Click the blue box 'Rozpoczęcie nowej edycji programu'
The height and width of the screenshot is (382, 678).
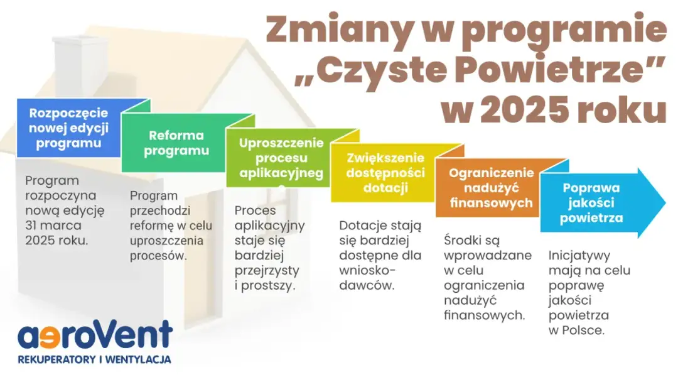click(x=68, y=128)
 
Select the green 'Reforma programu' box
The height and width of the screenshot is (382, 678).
click(x=176, y=143)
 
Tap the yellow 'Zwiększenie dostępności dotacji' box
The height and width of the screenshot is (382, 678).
click(x=385, y=172)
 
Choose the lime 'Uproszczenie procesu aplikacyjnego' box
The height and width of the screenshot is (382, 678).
click(x=281, y=158)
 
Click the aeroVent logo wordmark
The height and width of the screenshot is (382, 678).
click(x=94, y=336)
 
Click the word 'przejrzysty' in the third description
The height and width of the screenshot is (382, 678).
click(x=266, y=270)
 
